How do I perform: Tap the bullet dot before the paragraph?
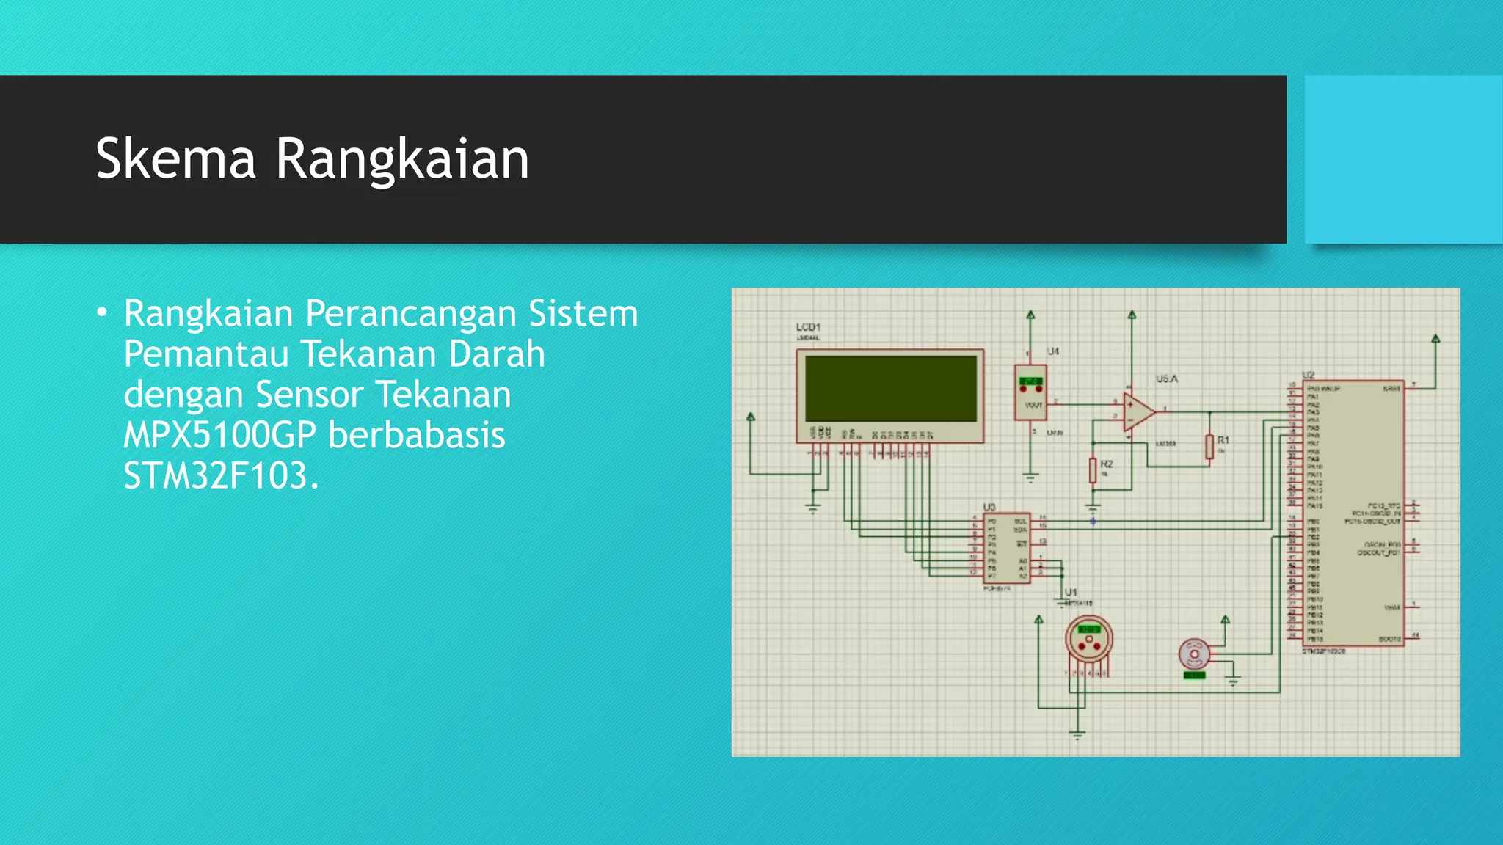pyautogui.click(x=102, y=313)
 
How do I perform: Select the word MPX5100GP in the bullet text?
pyautogui.click(x=219, y=435)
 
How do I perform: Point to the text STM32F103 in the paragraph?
pyautogui.click(x=216, y=476)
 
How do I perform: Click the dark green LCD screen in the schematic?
pyautogui.click(x=890, y=389)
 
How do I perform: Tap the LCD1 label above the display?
pyautogui.click(x=808, y=327)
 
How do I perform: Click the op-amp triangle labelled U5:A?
pyautogui.click(x=1138, y=412)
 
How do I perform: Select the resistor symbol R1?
pyautogui.click(x=1209, y=447)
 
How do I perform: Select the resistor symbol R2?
pyautogui.click(x=1093, y=470)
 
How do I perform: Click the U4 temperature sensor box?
pyautogui.click(x=1030, y=392)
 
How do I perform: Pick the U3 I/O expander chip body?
pyautogui.click(x=1006, y=548)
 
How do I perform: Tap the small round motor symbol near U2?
pyautogui.click(x=1194, y=654)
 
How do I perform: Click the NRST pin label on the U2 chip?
pyautogui.click(x=1391, y=389)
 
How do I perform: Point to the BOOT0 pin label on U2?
pyautogui.click(x=1389, y=639)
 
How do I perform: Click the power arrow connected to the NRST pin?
pyautogui.click(x=1435, y=340)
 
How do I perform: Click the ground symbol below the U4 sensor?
pyautogui.click(x=1030, y=478)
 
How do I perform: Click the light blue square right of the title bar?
pyautogui.click(x=1403, y=159)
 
